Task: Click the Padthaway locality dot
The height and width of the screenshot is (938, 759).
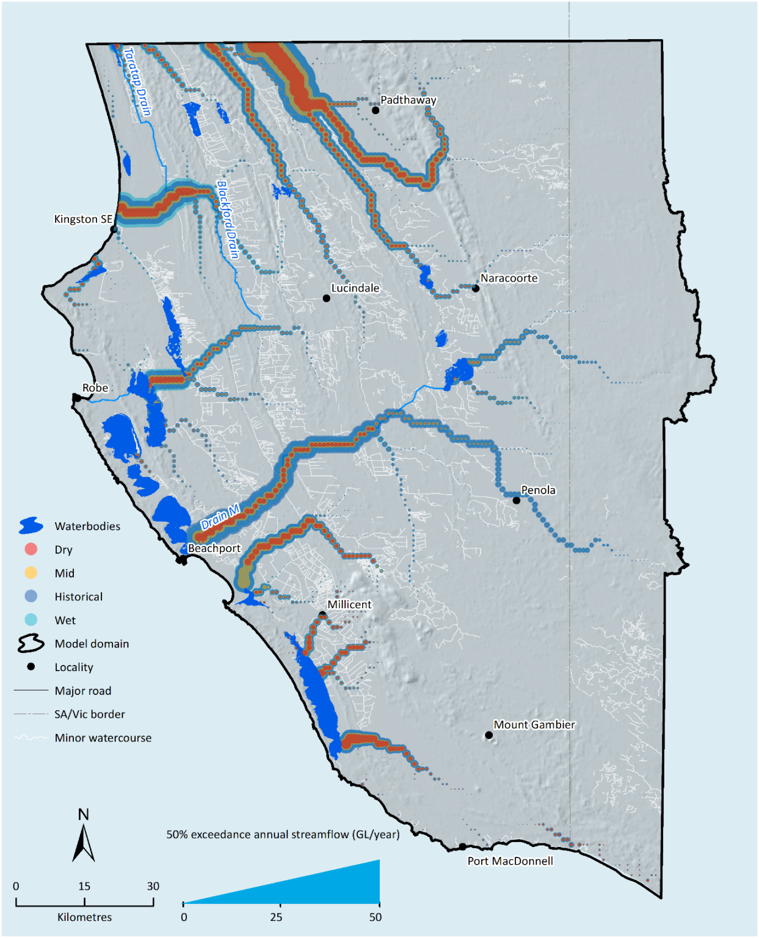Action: point(376,111)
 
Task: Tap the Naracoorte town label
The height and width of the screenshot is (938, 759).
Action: point(509,278)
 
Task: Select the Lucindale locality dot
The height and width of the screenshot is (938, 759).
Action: point(327,299)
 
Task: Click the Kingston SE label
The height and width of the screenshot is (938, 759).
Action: point(83,219)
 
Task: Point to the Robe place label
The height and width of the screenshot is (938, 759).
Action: point(95,388)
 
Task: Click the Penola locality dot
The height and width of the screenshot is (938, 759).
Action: point(516,501)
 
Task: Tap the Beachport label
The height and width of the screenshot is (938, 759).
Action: point(214,548)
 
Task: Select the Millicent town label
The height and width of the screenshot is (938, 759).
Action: point(349,605)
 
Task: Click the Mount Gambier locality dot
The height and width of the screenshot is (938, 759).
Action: point(488,735)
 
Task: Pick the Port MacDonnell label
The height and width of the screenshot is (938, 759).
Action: point(510,861)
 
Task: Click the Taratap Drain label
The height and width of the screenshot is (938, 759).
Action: point(137,82)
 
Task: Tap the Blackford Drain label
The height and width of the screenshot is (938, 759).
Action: point(228,219)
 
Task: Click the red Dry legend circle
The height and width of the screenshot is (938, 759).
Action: point(31,550)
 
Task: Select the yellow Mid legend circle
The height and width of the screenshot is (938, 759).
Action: point(31,573)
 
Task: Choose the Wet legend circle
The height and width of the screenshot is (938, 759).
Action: point(31,620)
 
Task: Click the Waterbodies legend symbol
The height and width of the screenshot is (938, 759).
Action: point(31,526)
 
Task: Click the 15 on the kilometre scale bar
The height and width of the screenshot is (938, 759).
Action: point(84,886)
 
